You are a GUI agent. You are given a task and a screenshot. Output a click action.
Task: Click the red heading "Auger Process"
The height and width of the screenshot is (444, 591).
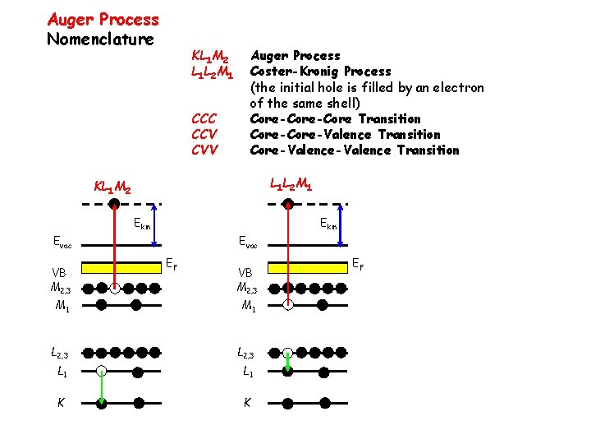point(103,19)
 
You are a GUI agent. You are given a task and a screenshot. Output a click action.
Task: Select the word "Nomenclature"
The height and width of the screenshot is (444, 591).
point(100,39)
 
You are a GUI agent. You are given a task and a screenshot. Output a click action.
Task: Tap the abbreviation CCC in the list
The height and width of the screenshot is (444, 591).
point(204,119)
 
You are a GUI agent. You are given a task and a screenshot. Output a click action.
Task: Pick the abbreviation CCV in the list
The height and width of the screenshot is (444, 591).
point(204,135)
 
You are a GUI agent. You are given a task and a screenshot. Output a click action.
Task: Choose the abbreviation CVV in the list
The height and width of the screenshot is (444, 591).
point(204,150)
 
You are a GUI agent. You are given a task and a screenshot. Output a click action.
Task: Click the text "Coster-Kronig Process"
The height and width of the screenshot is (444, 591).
point(320,72)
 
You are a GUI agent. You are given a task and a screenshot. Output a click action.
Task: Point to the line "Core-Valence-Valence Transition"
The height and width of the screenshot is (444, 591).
point(354,150)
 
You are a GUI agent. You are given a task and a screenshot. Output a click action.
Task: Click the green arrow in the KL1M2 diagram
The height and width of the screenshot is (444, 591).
point(101,386)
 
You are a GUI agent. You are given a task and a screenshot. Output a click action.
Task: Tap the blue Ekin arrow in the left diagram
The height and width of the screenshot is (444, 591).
point(154,223)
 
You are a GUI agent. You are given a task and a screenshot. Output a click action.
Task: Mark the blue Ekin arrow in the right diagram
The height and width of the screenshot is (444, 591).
point(341,223)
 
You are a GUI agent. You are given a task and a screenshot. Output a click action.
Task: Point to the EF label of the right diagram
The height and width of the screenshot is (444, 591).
point(358,264)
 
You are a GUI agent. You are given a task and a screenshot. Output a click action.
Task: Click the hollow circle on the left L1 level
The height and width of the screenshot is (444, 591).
point(100,371)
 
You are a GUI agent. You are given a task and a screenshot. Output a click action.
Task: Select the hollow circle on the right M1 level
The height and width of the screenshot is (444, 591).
point(288,304)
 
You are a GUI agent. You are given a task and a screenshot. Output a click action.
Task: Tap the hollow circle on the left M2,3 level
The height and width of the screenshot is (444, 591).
point(116,289)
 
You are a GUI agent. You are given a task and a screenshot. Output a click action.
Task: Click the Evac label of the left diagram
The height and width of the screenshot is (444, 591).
point(62,243)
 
